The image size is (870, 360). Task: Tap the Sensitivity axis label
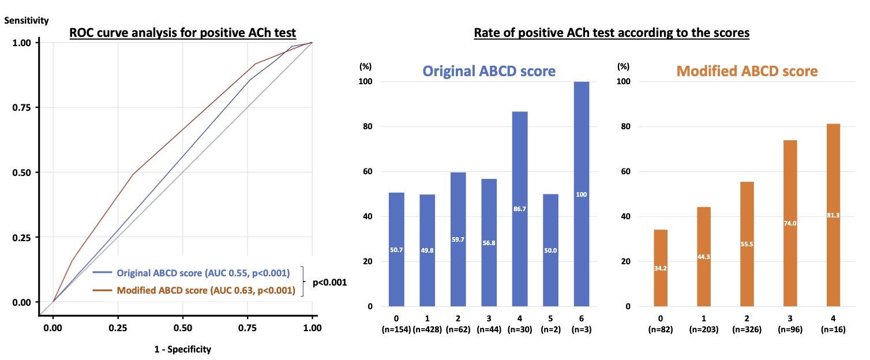[27, 21]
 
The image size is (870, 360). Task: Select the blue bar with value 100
[582, 194]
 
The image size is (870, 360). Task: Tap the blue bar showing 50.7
[396, 249]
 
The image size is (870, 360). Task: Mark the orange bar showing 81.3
[831, 215]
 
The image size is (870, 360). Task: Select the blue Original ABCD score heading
[489, 71]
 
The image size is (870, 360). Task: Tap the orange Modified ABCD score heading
[747, 71]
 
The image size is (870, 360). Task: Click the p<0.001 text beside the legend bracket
[329, 283]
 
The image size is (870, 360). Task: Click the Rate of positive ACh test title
[611, 33]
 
